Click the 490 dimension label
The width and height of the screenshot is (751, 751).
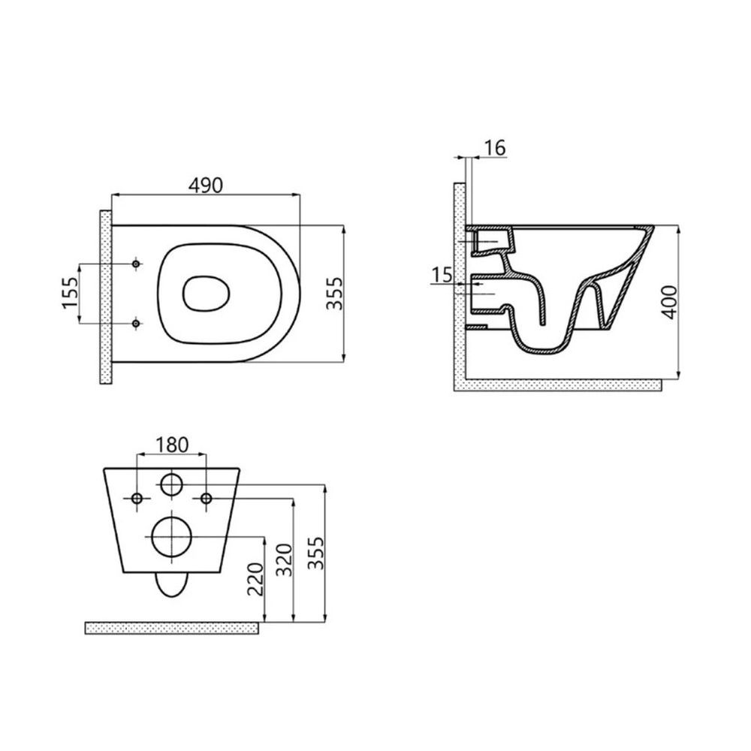click(x=206, y=185)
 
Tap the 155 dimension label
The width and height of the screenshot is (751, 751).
click(x=70, y=293)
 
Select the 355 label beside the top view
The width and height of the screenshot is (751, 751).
click(x=335, y=293)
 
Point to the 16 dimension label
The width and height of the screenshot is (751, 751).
click(x=495, y=148)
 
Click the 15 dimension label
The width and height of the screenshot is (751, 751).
click(x=442, y=275)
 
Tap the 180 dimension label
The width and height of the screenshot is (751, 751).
click(x=172, y=445)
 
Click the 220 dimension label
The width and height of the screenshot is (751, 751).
click(x=255, y=579)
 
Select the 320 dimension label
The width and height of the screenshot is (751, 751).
click(x=284, y=560)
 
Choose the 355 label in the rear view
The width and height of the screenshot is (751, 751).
click(x=315, y=553)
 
